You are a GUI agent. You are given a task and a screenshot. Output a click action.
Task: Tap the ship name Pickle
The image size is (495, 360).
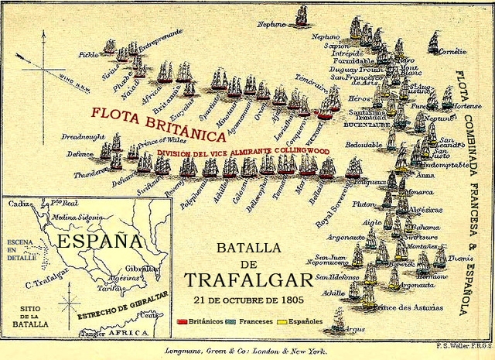pyautogui.click(x=89, y=56)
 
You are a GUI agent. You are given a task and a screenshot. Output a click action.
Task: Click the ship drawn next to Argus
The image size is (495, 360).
pyautogui.click(x=337, y=319)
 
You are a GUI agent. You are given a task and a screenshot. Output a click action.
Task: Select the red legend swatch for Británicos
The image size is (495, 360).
pyautogui.click(x=183, y=321)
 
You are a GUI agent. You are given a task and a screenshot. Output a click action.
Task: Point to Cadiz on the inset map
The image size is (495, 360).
pyautogui.click(x=19, y=204)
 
